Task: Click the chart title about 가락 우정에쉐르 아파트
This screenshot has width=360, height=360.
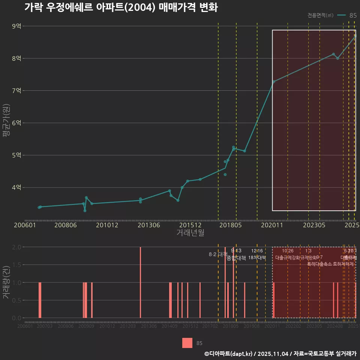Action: [x=121, y=8]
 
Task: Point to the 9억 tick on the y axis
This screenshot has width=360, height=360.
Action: [x=16, y=26]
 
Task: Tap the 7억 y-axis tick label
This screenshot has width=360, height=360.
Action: [x=16, y=91]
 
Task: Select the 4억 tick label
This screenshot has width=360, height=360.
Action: [x=16, y=187]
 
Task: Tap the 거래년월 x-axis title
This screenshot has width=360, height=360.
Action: [x=190, y=233]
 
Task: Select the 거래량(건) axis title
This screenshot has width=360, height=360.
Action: [x=6, y=282]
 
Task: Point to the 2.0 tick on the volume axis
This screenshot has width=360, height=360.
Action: [x=16, y=247]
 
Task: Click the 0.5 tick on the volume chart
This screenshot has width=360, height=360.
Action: [x=16, y=300]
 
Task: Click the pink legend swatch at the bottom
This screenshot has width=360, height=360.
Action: [x=187, y=343]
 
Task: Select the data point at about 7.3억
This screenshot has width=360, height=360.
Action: [x=274, y=81]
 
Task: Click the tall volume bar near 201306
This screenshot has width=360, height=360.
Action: [x=140, y=282]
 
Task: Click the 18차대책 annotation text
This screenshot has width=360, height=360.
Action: [x=257, y=258]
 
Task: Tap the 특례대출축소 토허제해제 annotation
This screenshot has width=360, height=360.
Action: [x=330, y=264]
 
